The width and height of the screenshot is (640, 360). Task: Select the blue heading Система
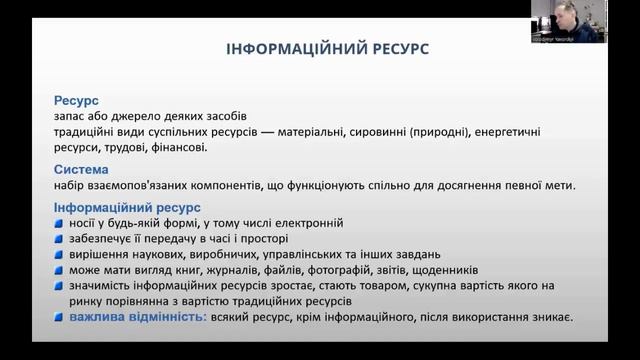(x=80, y=169)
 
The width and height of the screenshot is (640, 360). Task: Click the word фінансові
(x=179, y=148)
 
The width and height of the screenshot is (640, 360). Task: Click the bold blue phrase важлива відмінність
(x=138, y=317)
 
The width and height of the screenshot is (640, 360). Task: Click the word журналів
(x=219, y=270)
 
